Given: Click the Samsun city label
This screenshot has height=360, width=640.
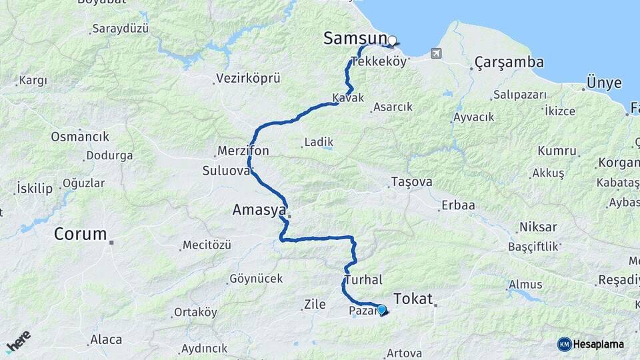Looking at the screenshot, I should point(354,38).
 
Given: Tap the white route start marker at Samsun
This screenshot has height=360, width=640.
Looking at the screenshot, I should point(392,40).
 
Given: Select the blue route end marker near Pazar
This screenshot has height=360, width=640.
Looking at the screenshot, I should point(381,309).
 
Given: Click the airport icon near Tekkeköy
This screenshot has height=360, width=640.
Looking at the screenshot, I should point(437,53).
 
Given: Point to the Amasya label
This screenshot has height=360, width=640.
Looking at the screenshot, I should point(259,210).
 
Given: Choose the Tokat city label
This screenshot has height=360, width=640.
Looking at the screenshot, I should point(413,298).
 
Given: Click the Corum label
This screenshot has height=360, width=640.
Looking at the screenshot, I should point(80,234).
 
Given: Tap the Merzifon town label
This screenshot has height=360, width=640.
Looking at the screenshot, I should point(243,151).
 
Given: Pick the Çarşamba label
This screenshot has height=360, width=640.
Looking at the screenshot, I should point(509,63).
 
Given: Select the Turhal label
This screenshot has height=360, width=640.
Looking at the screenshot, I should point(363,281).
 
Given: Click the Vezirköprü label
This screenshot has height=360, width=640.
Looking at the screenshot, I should point(248,79).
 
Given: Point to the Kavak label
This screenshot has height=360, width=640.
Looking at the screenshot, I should point(349,98).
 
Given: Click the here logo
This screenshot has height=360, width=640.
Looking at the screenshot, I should point(18,341).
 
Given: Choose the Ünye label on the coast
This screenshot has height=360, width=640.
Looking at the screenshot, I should point(603,83).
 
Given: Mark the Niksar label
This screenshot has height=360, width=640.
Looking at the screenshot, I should point(537,227).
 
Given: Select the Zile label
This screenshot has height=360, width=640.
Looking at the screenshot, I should point(314,305).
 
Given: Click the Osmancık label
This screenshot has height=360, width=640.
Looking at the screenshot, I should point(80,137).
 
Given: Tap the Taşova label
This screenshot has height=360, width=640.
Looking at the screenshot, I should point(411,182).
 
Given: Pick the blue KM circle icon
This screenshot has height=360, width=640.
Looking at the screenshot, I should point(565,344).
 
